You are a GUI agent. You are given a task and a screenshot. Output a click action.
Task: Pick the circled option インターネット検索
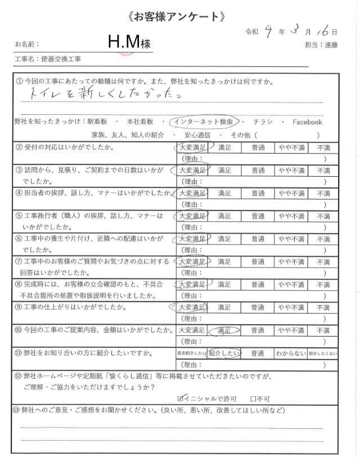(206, 122)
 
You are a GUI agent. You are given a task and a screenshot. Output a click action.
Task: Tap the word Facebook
(307, 122)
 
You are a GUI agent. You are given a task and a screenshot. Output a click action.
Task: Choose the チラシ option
(263, 122)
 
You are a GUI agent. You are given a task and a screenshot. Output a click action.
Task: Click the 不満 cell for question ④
(323, 193)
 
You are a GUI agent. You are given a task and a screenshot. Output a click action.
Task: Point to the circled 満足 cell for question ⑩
(224, 330)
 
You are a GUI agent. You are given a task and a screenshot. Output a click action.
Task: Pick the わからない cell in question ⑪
(290, 353)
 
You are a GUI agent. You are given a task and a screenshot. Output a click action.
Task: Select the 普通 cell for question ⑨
(258, 308)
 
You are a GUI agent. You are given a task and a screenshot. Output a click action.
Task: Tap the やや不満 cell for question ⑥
(290, 239)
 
